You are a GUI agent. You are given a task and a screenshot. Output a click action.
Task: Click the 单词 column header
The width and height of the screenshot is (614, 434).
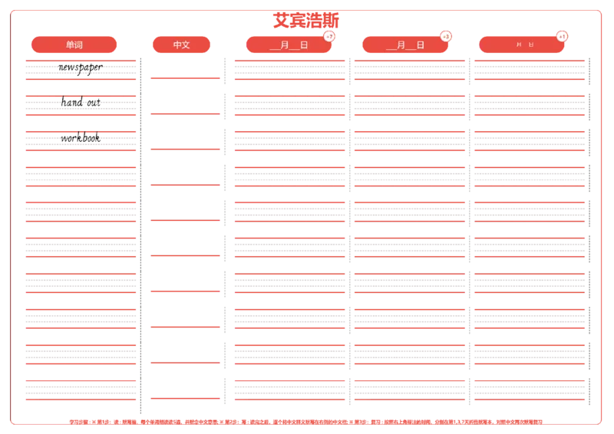click(74, 44)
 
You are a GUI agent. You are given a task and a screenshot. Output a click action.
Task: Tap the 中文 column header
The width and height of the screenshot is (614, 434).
click(182, 44)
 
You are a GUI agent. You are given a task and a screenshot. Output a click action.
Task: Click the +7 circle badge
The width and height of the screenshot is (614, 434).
click(329, 36)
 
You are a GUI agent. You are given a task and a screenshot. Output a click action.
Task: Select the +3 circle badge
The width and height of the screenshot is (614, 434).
click(446, 36)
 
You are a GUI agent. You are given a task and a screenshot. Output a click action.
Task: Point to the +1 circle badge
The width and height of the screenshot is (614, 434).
click(563, 36)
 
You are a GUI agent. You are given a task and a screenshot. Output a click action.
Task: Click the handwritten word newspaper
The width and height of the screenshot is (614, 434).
click(81, 69)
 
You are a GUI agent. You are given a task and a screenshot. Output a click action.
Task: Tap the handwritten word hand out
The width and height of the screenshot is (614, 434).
click(81, 102)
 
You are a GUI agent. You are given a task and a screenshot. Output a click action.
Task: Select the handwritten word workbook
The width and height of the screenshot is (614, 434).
click(81, 139)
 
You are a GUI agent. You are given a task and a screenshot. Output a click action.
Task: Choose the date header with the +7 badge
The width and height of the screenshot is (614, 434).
click(289, 44)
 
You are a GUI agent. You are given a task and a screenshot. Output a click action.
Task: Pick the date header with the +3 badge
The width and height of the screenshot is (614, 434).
click(405, 44)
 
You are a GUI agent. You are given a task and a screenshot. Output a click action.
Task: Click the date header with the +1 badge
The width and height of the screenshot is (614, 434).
click(522, 44)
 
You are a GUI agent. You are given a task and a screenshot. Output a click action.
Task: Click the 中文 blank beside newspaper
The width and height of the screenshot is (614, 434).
click(184, 66)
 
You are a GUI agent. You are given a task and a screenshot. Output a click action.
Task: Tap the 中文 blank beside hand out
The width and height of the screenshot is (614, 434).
click(184, 101)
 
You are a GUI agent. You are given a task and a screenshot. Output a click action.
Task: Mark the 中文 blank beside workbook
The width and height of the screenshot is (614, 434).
click(184, 138)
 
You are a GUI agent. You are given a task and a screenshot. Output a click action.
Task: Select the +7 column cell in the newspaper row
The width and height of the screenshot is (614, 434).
click(289, 69)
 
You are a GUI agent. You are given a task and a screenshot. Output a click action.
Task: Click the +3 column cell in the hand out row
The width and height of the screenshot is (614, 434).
click(410, 103)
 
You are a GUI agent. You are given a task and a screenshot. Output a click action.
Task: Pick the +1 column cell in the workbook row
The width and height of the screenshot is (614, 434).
click(529, 140)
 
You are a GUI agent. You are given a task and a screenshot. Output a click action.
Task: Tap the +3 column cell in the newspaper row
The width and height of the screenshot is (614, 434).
click(410, 69)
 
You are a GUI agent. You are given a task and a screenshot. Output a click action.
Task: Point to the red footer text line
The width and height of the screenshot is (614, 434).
click(305, 421)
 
